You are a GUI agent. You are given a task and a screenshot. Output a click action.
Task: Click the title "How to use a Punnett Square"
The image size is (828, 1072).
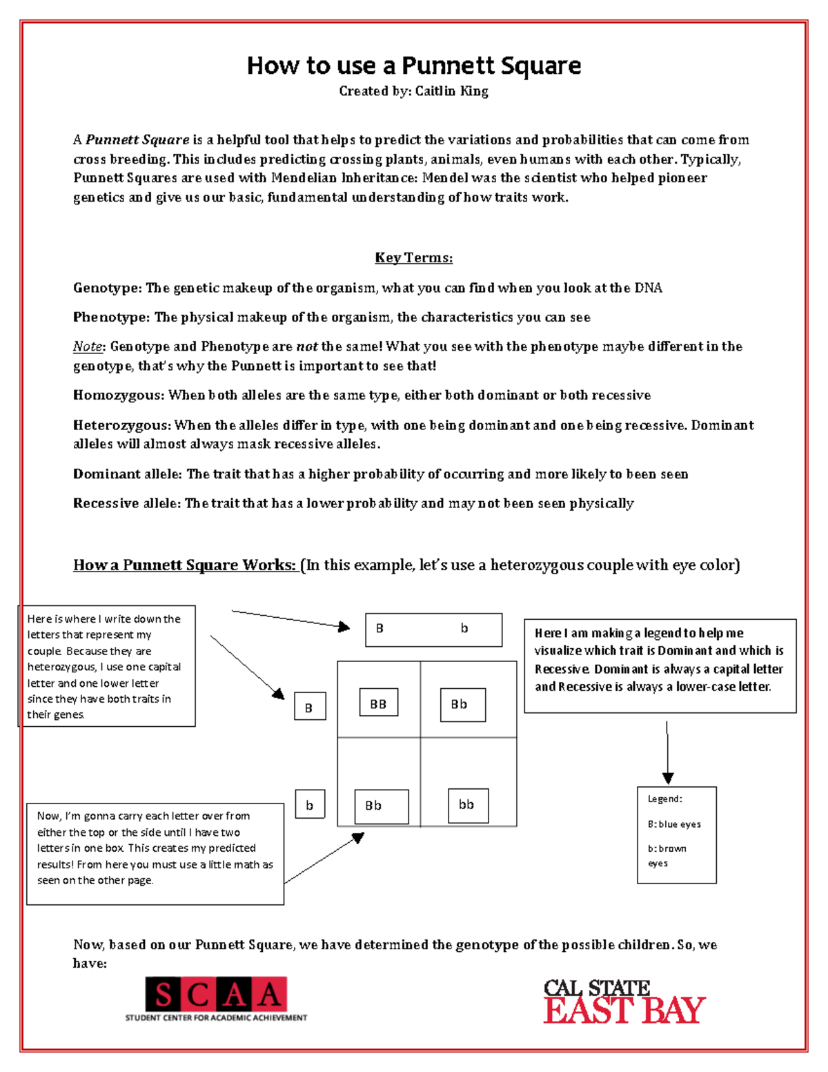pyautogui.click(x=413, y=66)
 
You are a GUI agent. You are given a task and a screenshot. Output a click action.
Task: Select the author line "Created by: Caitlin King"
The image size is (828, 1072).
pyautogui.click(x=413, y=91)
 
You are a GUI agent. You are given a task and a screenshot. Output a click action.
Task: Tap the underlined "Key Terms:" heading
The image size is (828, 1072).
pyautogui.click(x=413, y=258)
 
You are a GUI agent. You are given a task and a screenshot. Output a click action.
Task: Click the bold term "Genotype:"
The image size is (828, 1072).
pyautogui.click(x=107, y=288)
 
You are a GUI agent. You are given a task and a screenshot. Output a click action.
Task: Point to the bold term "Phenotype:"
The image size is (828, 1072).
pyautogui.click(x=111, y=318)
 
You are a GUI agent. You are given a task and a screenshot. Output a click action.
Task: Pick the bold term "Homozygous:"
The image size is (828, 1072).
pyautogui.click(x=118, y=396)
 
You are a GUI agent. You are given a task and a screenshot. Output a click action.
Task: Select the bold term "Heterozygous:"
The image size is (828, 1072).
pyautogui.click(x=121, y=425)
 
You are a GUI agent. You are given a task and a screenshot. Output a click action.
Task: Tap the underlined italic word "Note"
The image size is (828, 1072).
pyautogui.click(x=88, y=347)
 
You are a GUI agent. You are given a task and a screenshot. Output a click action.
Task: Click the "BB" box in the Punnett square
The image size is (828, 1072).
pyautogui.click(x=378, y=704)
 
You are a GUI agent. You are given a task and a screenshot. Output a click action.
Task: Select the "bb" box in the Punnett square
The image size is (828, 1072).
pyautogui.click(x=468, y=806)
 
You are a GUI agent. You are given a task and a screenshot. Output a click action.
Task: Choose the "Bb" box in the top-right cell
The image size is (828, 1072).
pyautogui.click(x=462, y=705)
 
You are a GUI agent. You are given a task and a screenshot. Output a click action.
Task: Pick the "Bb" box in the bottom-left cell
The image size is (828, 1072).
pyautogui.click(x=381, y=806)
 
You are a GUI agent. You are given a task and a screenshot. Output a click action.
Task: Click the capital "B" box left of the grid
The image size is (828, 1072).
pyautogui.click(x=310, y=708)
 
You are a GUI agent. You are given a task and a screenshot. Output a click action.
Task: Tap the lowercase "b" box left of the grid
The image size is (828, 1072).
pyautogui.click(x=310, y=806)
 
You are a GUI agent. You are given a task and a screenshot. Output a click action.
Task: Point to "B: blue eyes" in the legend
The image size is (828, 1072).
pyautogui.click(x=673, y=824)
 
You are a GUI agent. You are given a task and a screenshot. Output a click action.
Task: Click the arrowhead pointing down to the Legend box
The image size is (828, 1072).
pyautogui.click(x=667, y=778)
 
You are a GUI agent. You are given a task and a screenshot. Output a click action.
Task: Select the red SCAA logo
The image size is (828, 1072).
pyautogui.click(x=216, y=995)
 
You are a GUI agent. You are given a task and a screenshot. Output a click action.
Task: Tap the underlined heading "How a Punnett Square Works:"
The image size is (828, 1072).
pyautogui.click(x=185, y=565)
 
